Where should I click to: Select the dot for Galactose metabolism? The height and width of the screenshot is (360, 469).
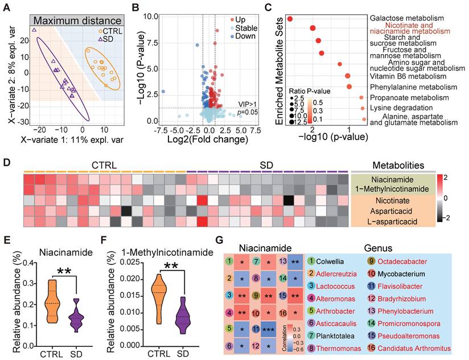coord(290,19)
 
